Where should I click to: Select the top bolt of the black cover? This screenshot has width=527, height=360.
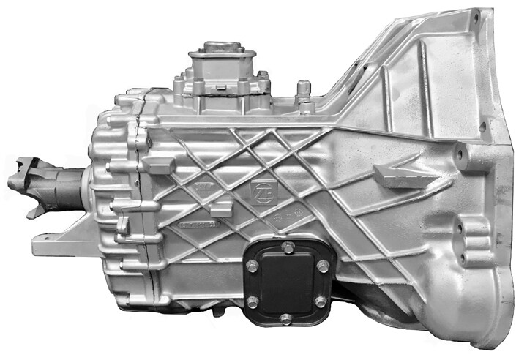tap(286, 249)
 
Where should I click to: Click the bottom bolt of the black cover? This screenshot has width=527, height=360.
tap(285, 319)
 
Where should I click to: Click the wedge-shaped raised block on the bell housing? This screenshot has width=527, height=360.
tap(399, 176)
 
